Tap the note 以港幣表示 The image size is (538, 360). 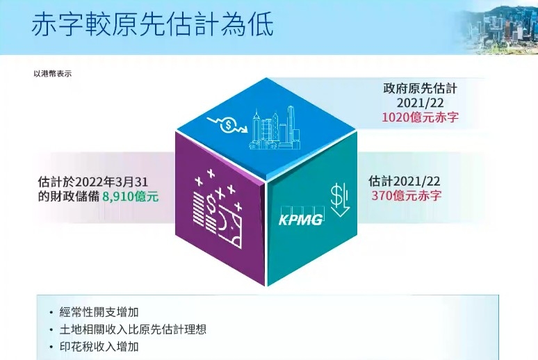tap(52, 73)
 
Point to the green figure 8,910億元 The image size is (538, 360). tap(130, 197)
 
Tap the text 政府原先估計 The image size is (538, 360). tap(421, 89)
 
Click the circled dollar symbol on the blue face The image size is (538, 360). tap(227, 126)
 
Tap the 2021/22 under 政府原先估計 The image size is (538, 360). tap(421, 104)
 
